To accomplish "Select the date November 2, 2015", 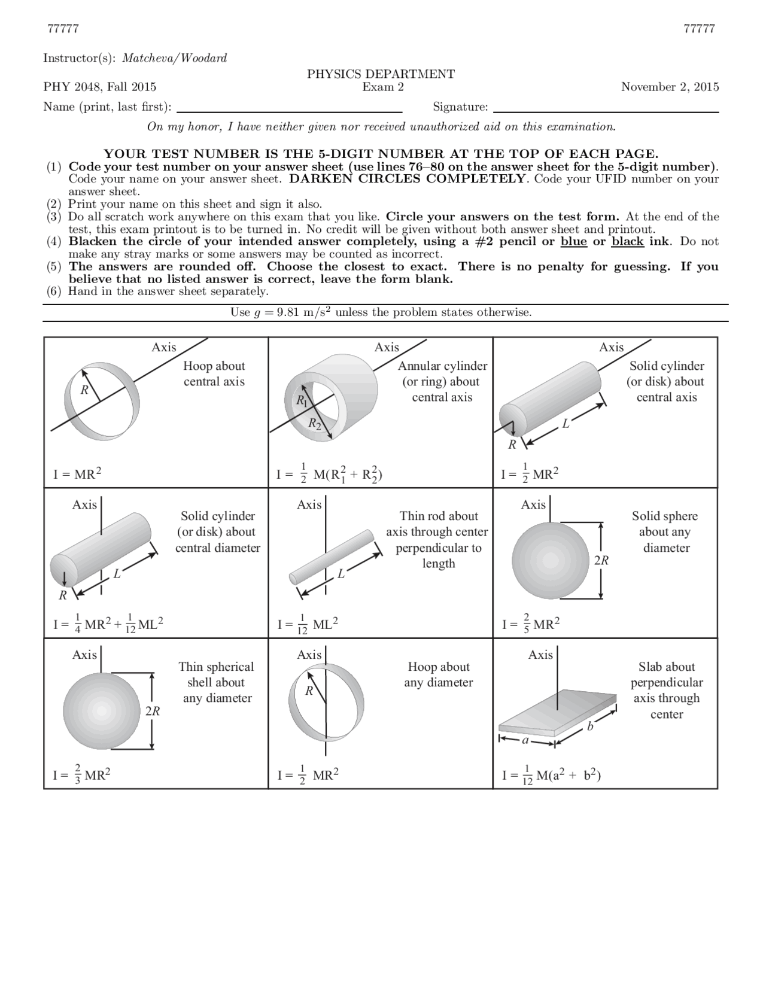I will coord(670,87).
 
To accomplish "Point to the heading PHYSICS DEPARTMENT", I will coord(381,74).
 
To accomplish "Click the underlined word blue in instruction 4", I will coord(573,242).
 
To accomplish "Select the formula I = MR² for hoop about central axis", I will coord(77,475).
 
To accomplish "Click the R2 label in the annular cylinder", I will coord(314,424).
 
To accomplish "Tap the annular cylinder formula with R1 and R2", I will coord(330,475).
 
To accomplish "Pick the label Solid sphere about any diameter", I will coord(665,532).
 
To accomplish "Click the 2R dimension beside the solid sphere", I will coord(601,561).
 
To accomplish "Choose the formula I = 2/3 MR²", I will coord(82,776).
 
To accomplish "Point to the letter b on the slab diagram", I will coord(590,726).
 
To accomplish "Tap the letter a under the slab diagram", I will coord(525,740).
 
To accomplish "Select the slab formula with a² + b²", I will coord(551,776).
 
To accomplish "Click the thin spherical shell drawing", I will coord(101,711).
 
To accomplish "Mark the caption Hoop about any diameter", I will coord(438,675).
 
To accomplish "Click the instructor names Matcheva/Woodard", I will coord(175,58).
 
